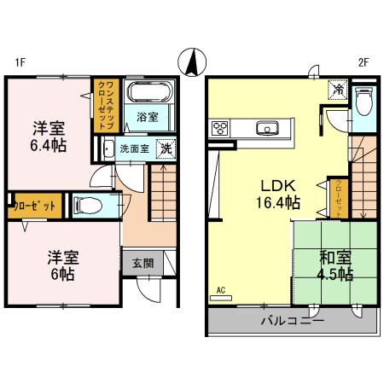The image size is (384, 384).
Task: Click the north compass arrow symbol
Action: click(194, 61)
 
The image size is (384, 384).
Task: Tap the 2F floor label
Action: click(363, 62)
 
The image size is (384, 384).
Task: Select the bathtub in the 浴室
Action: click(151, 96)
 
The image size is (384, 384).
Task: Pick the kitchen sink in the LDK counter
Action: click(268, 130)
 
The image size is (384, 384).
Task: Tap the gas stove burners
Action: click(218, 130)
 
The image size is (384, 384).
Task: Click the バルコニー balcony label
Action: click(292, 322)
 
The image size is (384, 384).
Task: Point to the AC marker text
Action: click(221, 289)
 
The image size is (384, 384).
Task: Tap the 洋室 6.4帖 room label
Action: click(49, 136)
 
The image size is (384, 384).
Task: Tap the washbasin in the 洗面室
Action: click(108, 148)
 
